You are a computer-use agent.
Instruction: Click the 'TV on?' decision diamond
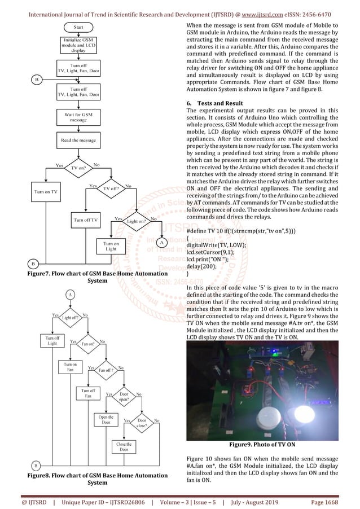pos(79,168)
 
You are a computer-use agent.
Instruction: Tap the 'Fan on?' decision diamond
pos(87,343)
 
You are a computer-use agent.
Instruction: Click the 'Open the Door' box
pos(106,420)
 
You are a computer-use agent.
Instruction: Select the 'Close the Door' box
pos(124,447)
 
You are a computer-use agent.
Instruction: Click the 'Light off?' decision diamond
pos(71,318)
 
